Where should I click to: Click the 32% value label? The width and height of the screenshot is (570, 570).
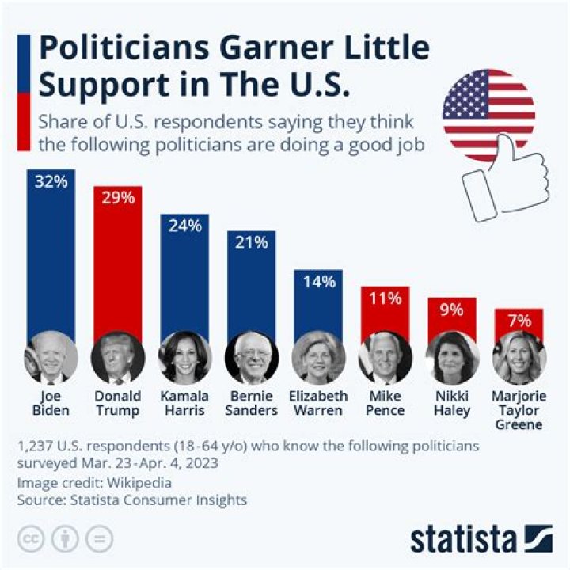(x=51, y=181)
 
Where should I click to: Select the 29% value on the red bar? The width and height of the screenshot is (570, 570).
(x=118, y=199)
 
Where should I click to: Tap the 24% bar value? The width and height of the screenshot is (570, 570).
(x=185, y=226)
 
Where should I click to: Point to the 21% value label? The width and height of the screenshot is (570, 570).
(x=252, y=243)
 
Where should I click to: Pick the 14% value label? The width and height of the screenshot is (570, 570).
(x=318, y=282)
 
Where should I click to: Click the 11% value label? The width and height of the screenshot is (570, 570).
(x=386, y=298)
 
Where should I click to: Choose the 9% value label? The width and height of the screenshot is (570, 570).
(x=452, y=310)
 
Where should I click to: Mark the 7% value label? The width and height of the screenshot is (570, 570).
(x=519, y=321)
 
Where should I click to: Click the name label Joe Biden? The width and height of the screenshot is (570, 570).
(x=51, y=403)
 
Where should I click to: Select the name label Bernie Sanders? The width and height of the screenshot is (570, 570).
(x=252, y=403)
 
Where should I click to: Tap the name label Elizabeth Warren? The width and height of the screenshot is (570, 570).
(x=318, y=403)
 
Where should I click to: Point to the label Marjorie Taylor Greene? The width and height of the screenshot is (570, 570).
(x=519, y=410)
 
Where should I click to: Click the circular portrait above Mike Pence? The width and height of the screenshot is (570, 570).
(x=386, y=358)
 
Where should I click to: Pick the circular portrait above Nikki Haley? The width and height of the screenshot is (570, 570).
(x=452, y=358)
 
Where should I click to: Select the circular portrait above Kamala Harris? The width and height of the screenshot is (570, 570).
(x=185, y=358)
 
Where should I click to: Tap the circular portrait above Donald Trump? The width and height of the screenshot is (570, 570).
(x=118, y=358)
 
